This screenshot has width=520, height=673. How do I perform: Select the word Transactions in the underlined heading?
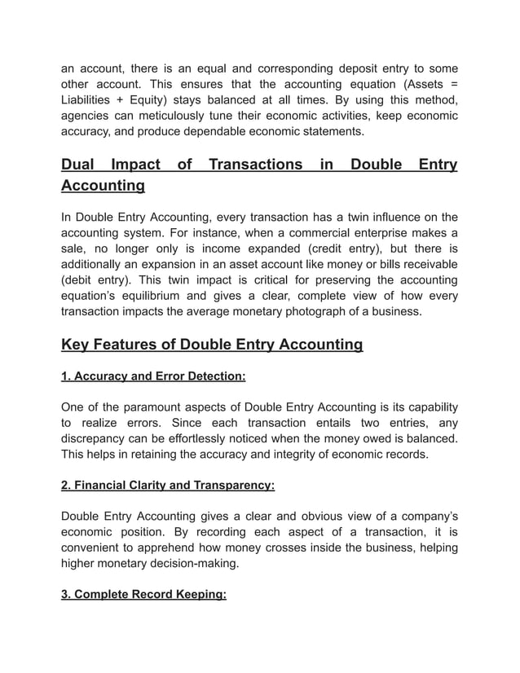tap(255, 165)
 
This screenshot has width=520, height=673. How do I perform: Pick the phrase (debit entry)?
tap(96, 279)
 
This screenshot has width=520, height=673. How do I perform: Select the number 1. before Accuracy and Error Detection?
tap(67, 376)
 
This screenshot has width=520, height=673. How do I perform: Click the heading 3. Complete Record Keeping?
tap(143, 594)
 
